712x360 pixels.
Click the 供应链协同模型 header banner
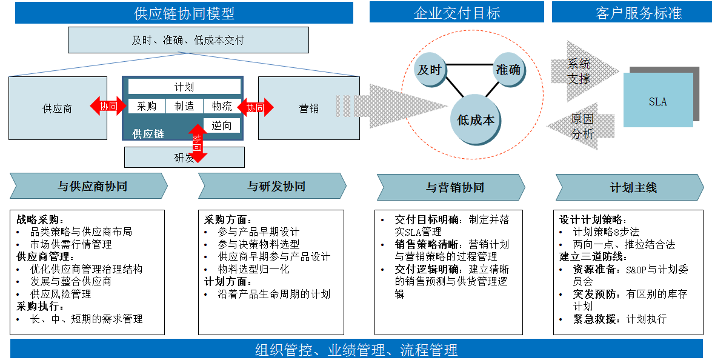[184, 12]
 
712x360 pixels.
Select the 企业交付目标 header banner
[457, 12]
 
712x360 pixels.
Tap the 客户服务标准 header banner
[630, 12]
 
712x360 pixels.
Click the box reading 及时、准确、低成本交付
[188, 40]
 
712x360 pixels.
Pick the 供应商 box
[58, 108]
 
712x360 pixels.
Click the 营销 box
[308, 108]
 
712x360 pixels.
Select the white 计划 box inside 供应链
[184, 87]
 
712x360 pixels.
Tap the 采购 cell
[147, 106]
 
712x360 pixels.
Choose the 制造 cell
[184, 106]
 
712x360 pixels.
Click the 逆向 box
[222, 125]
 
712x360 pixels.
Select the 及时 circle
[429, 70]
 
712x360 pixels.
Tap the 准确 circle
[508, 70]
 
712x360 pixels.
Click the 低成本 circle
[476, 120]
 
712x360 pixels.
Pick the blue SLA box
[657, 101]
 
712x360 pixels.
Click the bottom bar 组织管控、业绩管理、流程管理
[356, 350]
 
